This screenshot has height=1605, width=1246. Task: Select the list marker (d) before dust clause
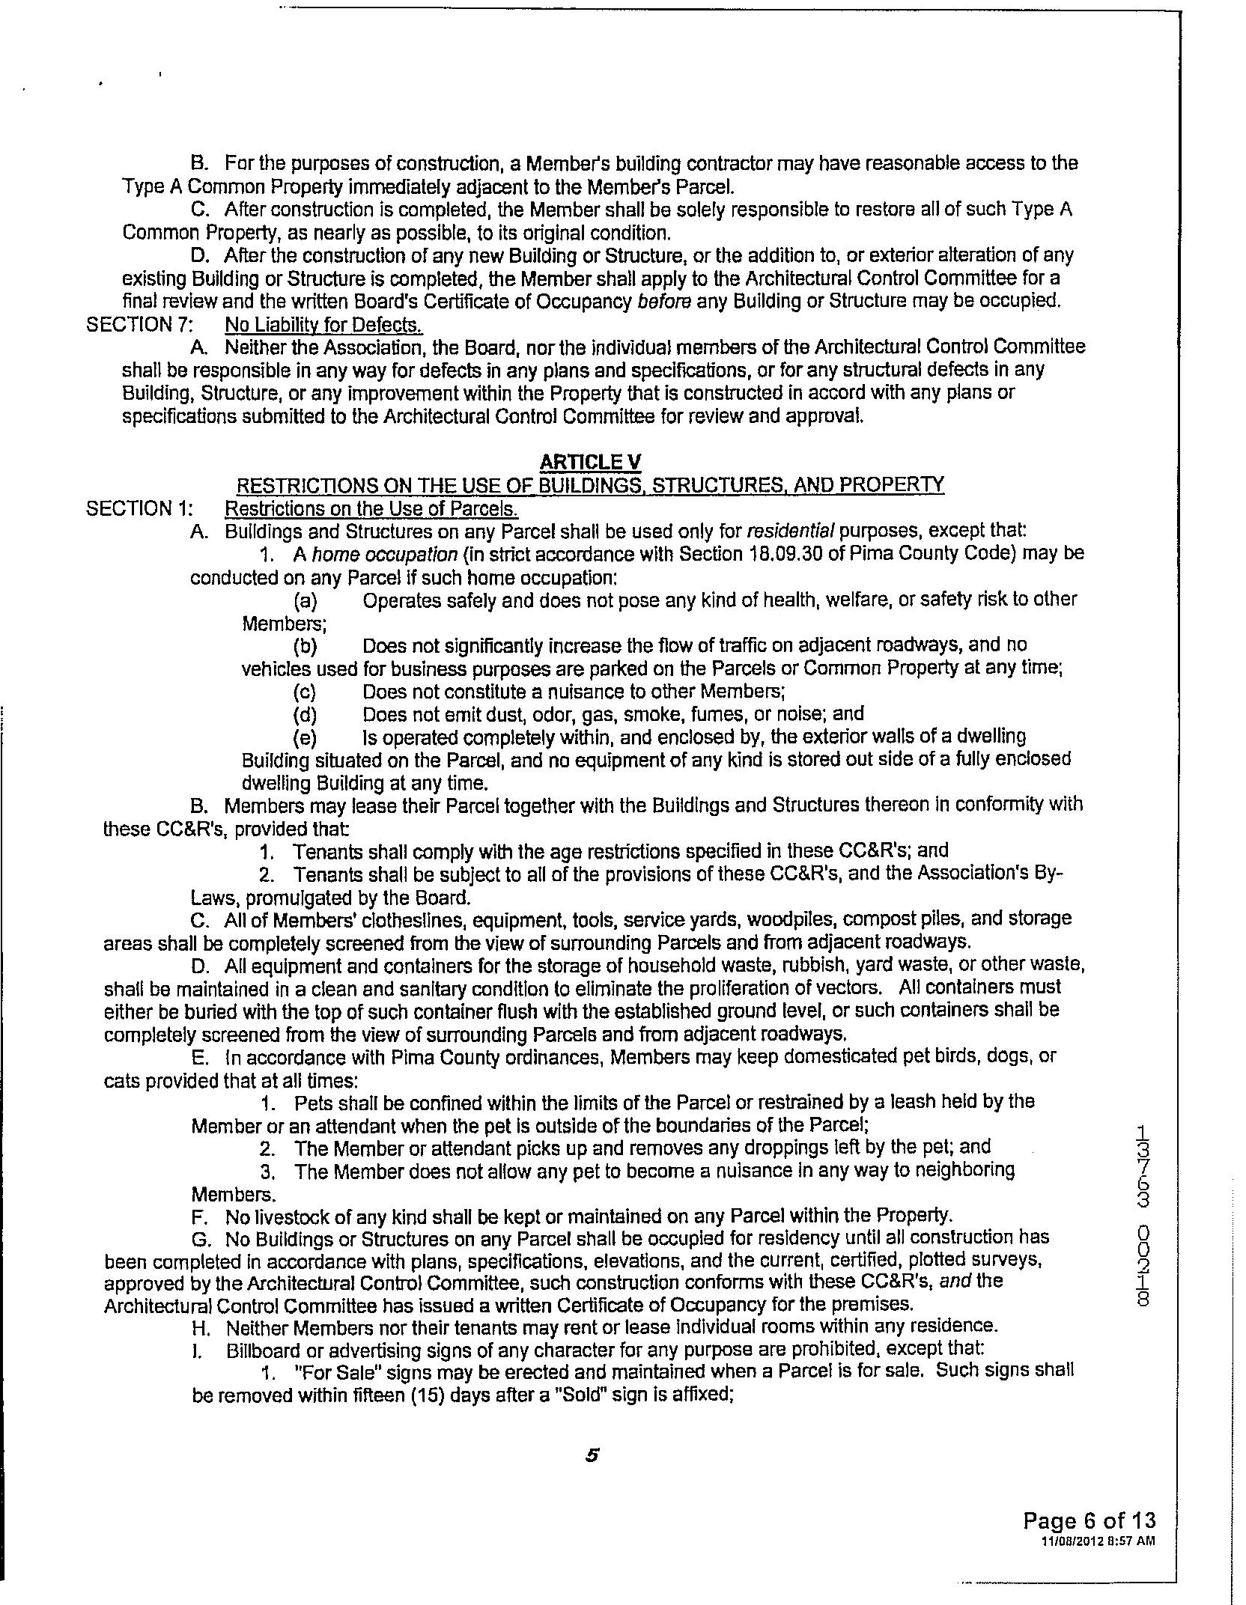point(306,713)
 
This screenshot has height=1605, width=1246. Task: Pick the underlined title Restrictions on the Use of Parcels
point(371,508)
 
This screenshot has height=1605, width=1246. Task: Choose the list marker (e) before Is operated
point(306,737)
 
